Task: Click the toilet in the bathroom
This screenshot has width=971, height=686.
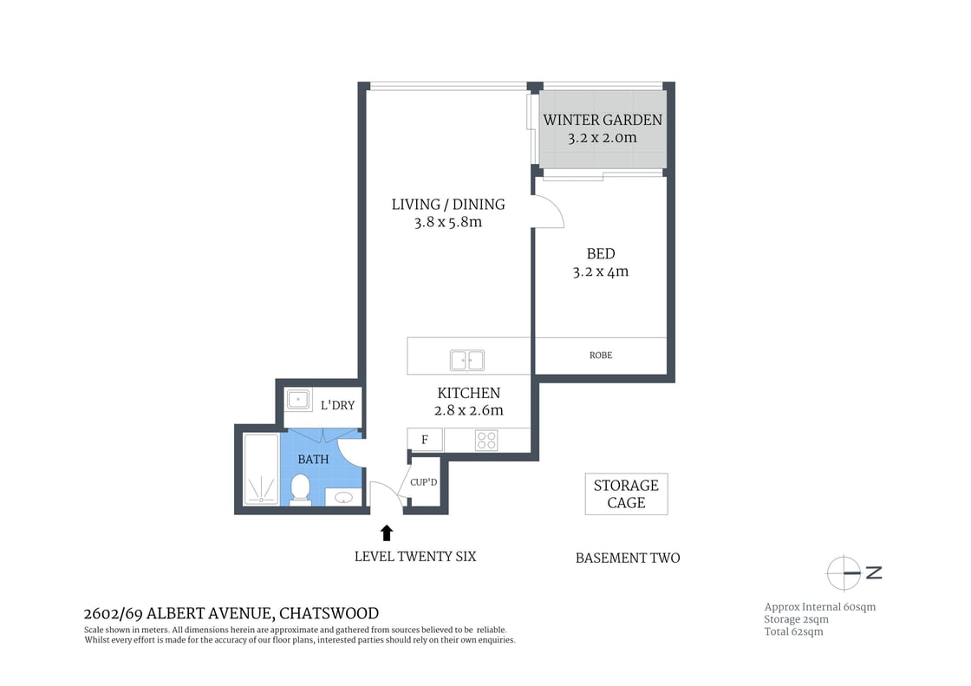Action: pyautogui.click(x=300, y=487)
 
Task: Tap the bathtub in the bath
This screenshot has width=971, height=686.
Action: pyautogui.click(x=259, y=469)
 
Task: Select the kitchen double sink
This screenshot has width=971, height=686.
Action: pyautogui.click(x=467, y=360)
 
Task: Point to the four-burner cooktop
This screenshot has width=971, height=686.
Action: pyautogui.click(x=486, y=441)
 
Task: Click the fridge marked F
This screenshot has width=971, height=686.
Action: pyautogui.click(x=425, y=440)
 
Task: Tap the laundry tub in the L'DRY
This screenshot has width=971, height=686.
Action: pyautogui.click(x=299, y=400)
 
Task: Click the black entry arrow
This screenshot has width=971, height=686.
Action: pyautogui.click(x=387, y=532)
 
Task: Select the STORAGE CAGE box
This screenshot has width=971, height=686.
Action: pyautogui.click(x=626, y=494)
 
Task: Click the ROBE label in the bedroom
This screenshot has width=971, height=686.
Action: pyautogui.click(x=601, y=356)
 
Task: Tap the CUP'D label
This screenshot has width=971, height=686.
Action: pyautogui.click(x=423, y=482)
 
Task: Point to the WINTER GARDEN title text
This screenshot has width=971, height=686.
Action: pyautogui.click(x=603, y=121)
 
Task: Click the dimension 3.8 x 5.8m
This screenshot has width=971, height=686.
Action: pyautogui.click(x=447, y=222)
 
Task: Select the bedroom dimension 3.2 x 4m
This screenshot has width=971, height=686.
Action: pyautogui.click(x=600, y=271)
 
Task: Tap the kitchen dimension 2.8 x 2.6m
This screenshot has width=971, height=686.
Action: pyautogui.click(x=468, y=411)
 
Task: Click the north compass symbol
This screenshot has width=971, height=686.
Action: pyautogui.click(x=845, y=572)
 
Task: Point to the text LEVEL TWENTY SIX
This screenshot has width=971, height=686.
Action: pyautogui.click(x=415, y=557)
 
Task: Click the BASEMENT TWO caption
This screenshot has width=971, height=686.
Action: pyautogui.click(x=628, y=559)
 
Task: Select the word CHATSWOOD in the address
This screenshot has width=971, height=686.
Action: pyautogui.click(x=329, y=613)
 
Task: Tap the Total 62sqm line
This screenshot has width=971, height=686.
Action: pyautogui.click(x=793, y=632)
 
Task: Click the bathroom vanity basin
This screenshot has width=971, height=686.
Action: pyautogui.click(x=344, y=498)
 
